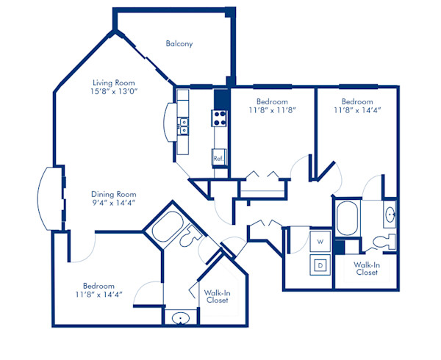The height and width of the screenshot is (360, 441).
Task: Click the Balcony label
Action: tap(179, 44)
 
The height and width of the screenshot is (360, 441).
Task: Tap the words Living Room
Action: tap(112, 82)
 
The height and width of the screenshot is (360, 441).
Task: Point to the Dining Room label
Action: tap(112, 193)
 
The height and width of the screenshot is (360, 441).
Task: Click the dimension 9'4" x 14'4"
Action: tap(112, 202)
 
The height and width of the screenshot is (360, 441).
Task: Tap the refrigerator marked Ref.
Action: tap(218, 158)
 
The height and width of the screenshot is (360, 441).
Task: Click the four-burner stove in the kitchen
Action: tap(219, 116)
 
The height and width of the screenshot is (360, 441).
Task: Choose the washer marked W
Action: tap(320, 240)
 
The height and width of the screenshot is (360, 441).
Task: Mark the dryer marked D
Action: tap(320, 265)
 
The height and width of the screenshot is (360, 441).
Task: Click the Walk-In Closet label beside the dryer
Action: tap(365, 267)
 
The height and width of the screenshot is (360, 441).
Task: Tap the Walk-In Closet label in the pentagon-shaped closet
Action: tap(218, 296)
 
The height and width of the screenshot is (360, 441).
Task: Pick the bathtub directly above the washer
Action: tap(347, 219)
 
